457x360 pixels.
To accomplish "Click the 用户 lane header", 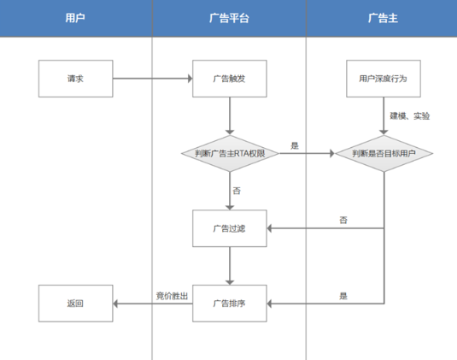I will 75,18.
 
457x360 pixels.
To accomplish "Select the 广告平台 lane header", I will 229,18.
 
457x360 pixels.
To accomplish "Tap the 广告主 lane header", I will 381,18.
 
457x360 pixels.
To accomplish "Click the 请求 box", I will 75,79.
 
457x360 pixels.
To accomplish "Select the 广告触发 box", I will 230,79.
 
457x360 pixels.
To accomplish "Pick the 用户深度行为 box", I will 382,79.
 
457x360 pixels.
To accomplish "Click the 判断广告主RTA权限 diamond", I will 230,154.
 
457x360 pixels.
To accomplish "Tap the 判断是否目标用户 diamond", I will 382,154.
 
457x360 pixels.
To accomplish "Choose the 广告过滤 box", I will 230,228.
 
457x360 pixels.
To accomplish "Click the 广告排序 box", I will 230,303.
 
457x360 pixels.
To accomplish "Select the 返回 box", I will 75,303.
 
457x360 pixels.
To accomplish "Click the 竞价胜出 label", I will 171,295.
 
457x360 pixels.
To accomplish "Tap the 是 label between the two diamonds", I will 295,145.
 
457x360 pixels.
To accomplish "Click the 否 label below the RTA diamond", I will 237,190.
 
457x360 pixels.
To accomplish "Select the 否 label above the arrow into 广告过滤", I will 343,221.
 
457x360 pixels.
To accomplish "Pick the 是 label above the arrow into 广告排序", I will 343,295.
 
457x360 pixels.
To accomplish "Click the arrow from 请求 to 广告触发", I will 152,79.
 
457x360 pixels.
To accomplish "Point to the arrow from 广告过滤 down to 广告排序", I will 230,265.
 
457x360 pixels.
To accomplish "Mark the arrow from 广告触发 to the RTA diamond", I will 230,115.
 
